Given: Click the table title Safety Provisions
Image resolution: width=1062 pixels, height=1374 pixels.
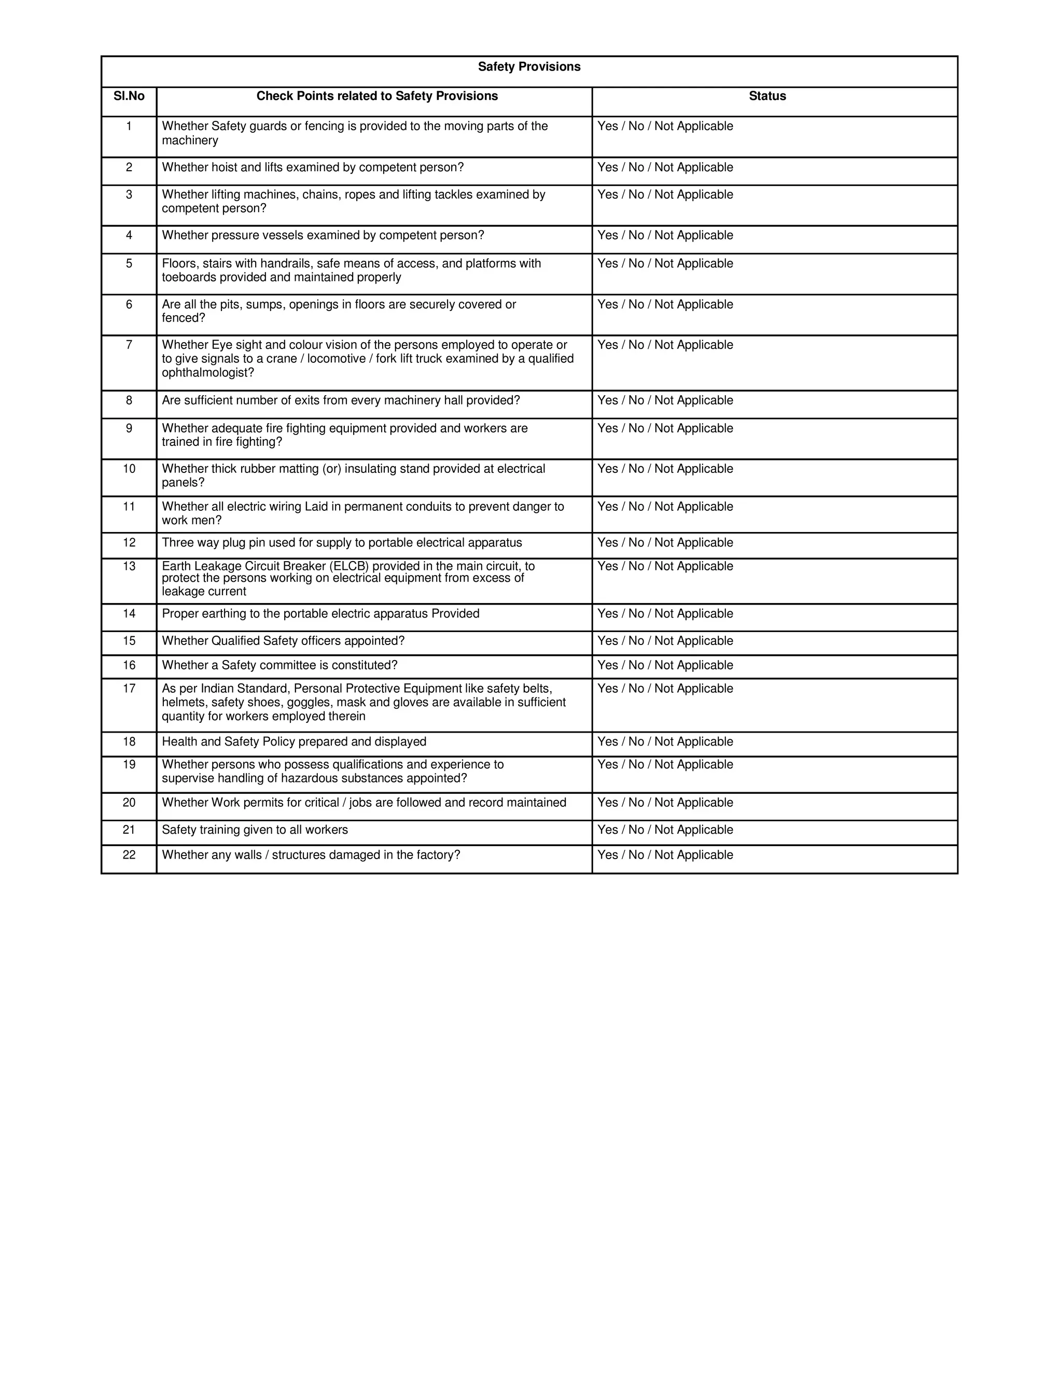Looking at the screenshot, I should [528, 67].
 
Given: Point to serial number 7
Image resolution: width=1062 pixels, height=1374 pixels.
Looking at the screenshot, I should [129, 345].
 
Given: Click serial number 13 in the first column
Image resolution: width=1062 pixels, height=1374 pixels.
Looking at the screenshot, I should [129, 566].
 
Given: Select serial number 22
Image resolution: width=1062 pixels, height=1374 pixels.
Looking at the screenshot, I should [129, 854].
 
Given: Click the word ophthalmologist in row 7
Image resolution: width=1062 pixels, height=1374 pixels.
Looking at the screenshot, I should [207, 372].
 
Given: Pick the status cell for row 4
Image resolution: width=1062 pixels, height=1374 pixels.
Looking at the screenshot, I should [665, 235].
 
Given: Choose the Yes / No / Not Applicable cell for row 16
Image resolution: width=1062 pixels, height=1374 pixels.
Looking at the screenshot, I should [665, 665].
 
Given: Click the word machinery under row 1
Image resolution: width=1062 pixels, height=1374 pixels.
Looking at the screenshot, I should [190, 141].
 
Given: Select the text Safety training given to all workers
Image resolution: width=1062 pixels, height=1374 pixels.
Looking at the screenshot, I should [255, 830].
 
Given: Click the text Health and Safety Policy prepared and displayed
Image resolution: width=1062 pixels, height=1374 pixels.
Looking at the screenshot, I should [294, 742].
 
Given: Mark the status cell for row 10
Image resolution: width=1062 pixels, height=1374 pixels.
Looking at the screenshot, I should [665, 469].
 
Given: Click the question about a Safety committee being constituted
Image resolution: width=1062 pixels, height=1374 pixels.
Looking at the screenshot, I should [280, 665].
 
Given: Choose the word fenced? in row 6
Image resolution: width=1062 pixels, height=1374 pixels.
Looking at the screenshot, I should [183, 318].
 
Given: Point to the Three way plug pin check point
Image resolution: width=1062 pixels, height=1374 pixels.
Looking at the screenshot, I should [342, 542].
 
